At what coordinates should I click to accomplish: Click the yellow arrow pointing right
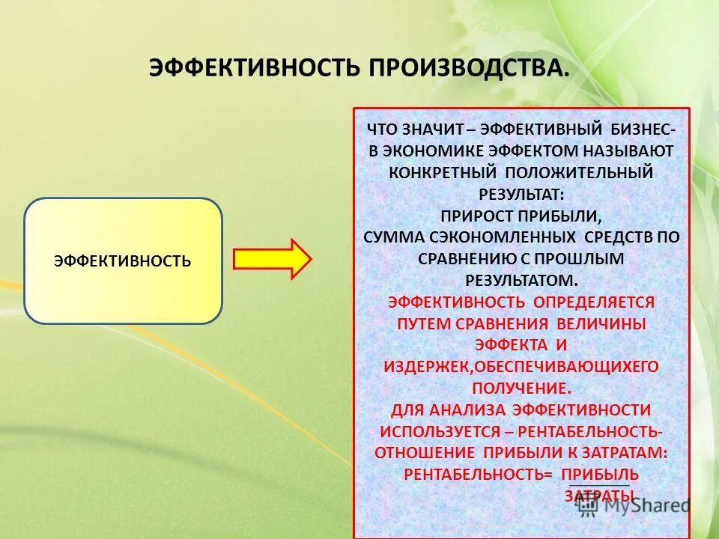(272, 259)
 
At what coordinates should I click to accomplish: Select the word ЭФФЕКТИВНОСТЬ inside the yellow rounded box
(123, 261)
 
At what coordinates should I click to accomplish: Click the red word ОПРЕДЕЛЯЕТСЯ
(593, 302)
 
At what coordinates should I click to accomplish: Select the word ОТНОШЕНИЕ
(425, 453)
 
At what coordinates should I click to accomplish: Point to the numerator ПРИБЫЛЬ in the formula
(600, 474)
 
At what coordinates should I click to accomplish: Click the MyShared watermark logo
(633, 505)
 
